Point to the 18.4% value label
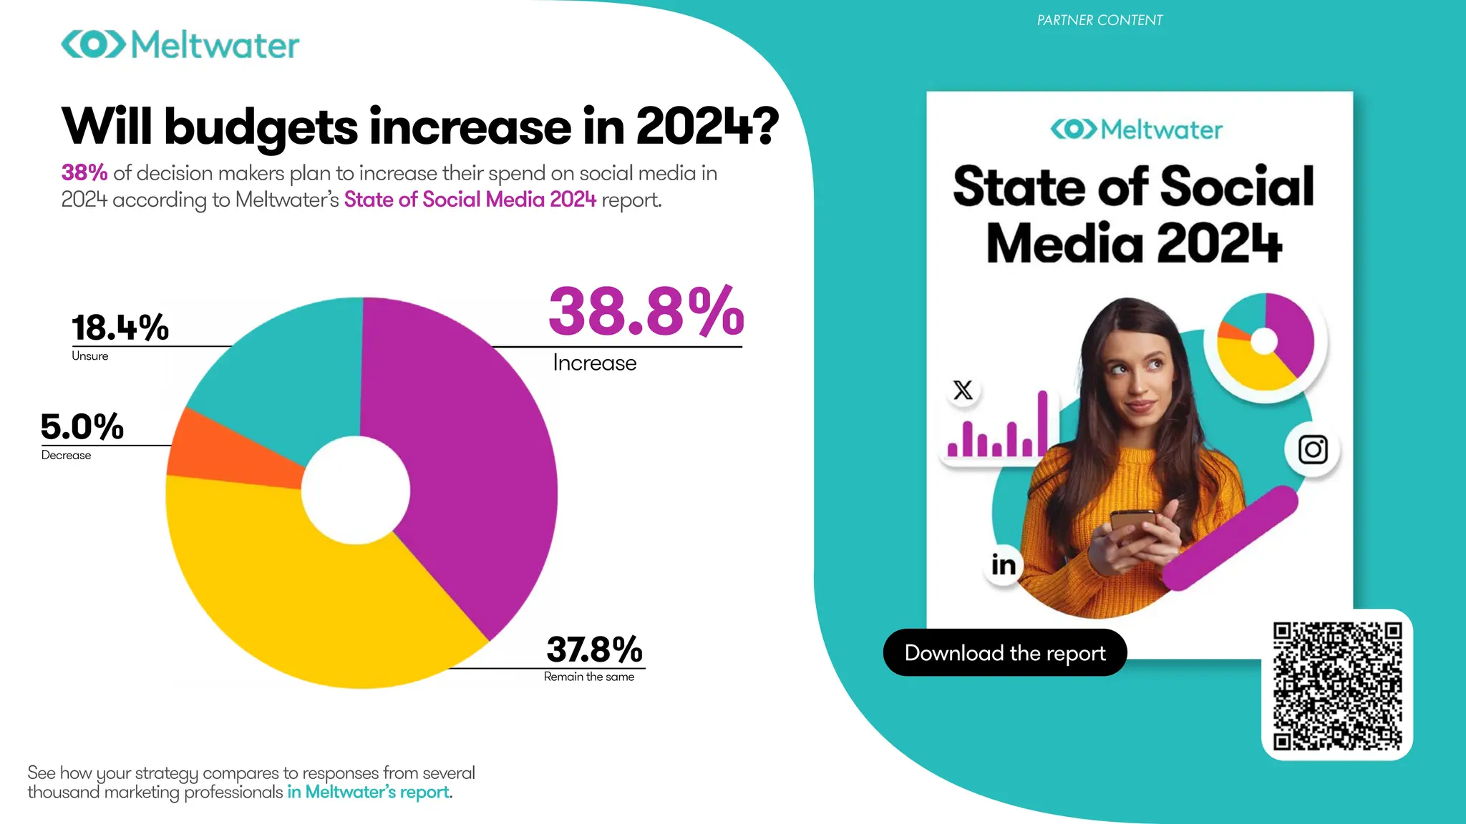click(120, 328)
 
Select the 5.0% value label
click(82, 427)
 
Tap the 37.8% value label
click(594, 649)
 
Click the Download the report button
click(1004, 652)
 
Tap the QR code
click(1336, 685)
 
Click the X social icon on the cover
click(963, 391)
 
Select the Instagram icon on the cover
click(1313, 450)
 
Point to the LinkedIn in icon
click(1003, 565)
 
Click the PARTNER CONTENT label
click(1099, 20)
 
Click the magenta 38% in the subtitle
click(84, 173)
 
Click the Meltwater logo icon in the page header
click(94, 44)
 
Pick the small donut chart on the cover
click(1265, 342)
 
